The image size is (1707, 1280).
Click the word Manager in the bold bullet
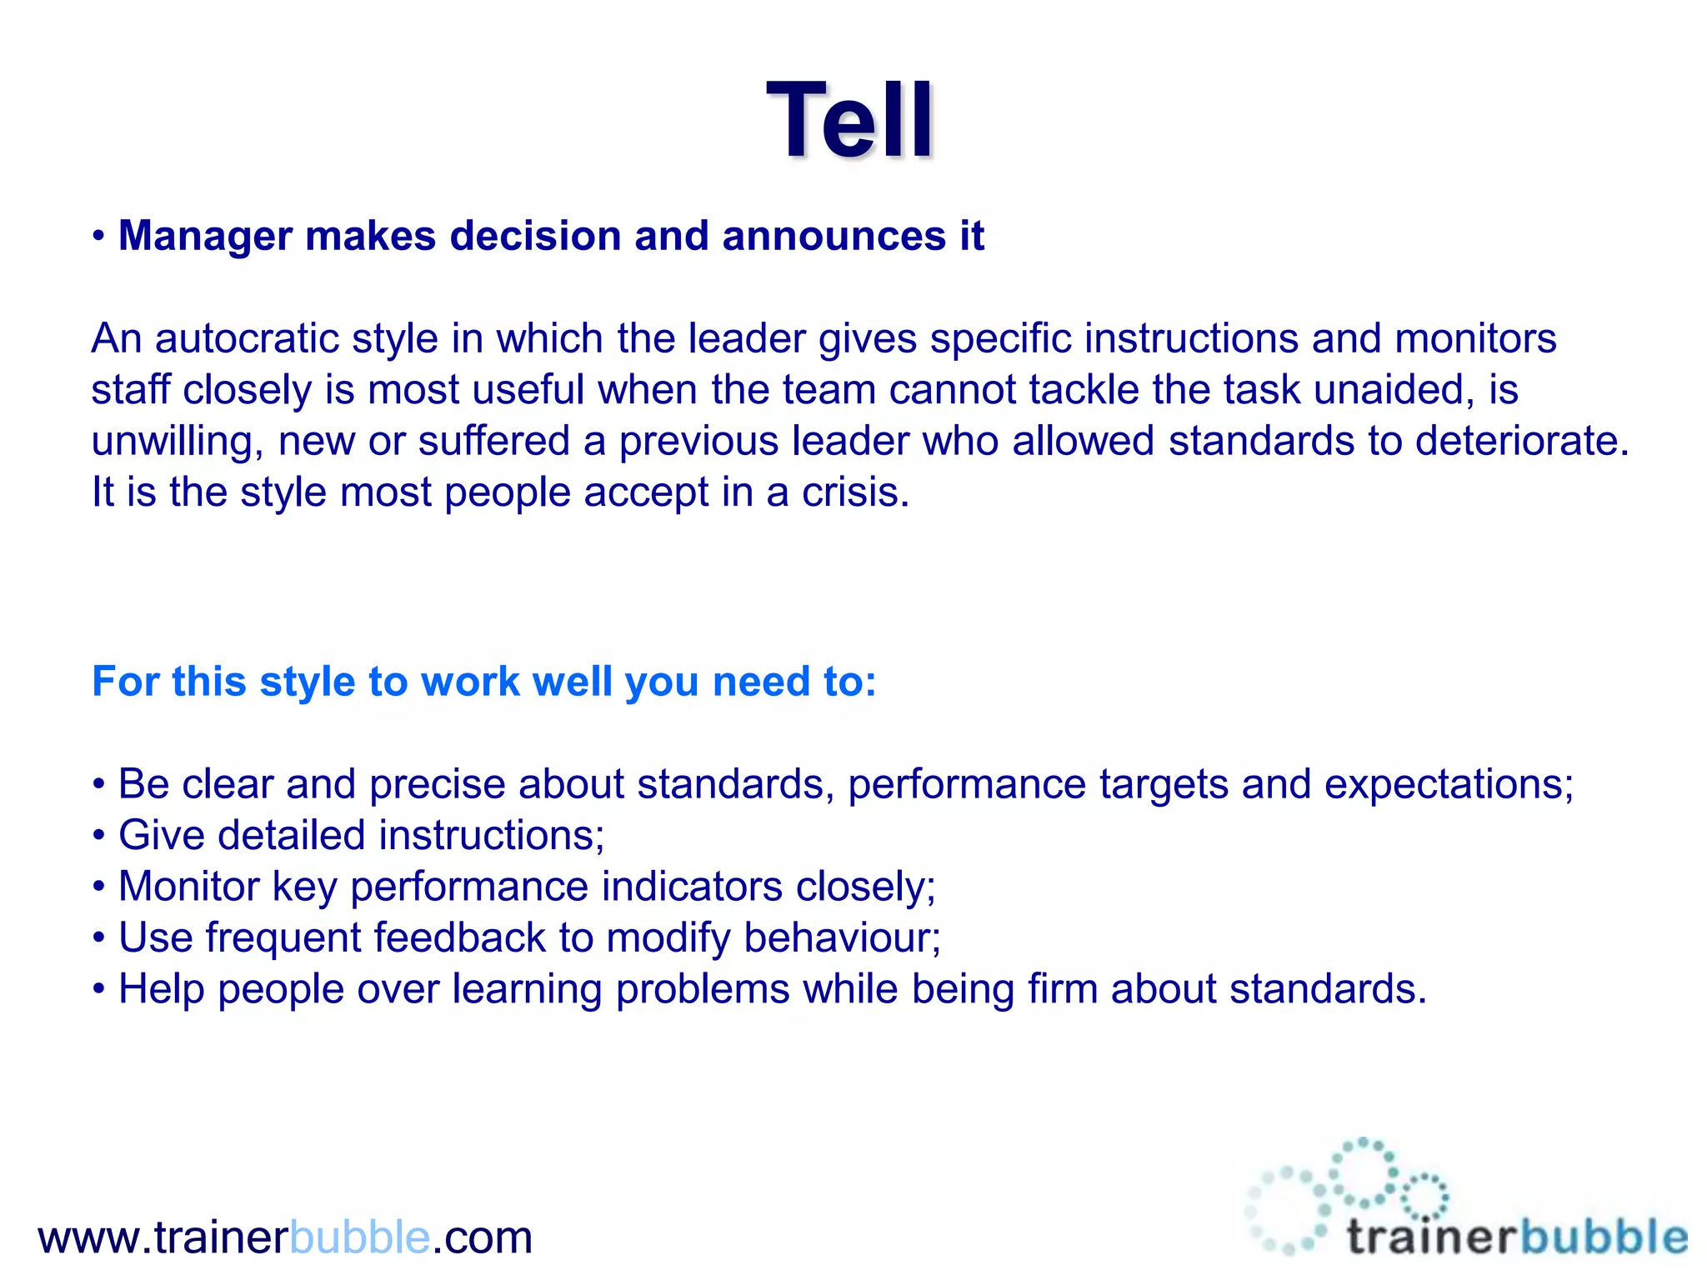(x=205, y=236)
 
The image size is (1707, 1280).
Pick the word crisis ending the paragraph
(x=854, y=492)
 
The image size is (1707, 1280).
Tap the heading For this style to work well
(x=483, y=682)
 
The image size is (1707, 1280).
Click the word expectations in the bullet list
(x=1448, y=784)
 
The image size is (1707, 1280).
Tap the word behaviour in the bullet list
(x=841, y=937)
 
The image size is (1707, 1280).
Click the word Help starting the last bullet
(x=161, y=989)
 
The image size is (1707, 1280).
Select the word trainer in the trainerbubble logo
(x=1430, y=1237)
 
